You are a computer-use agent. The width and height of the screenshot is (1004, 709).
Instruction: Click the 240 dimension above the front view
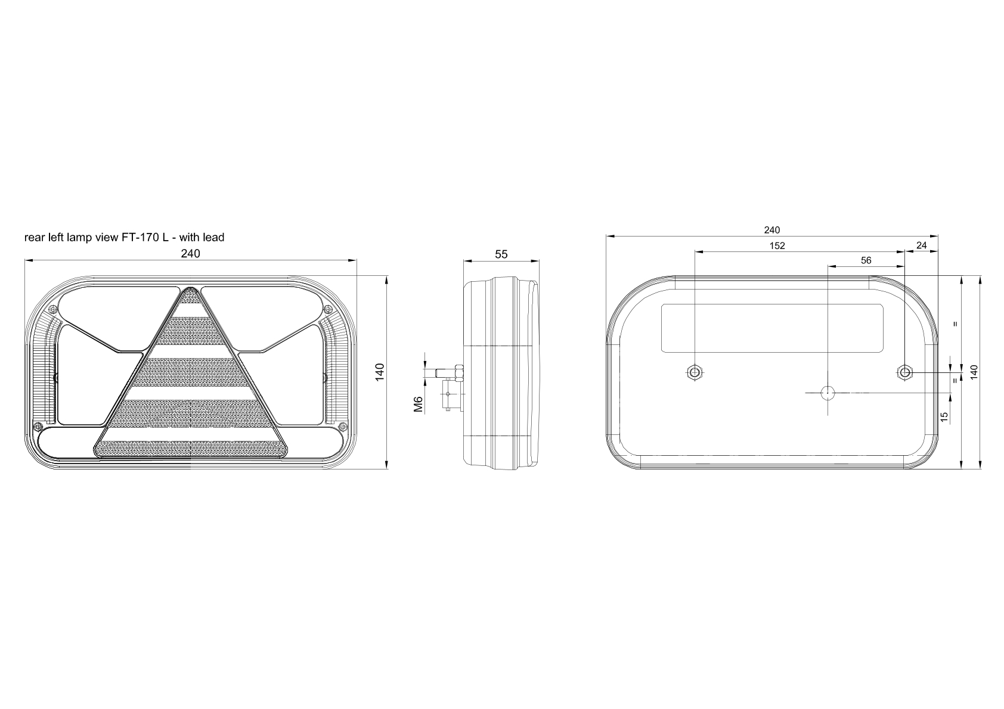coord(191,253)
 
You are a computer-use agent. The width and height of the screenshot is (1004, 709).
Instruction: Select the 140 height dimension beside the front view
coord(380,372)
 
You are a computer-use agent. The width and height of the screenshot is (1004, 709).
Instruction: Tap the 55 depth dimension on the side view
coord(501,254)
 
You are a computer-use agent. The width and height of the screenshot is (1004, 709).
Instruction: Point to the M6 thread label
coord(418,404)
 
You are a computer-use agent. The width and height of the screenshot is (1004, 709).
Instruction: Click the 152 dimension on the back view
coord(777,245)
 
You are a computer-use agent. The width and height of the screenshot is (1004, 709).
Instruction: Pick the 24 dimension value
coord(922,245)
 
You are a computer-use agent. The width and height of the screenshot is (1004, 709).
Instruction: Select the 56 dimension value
coord(866,260)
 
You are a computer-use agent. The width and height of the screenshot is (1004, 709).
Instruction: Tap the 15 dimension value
coord(944,416)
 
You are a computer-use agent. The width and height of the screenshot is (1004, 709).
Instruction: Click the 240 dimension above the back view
coord(772,230)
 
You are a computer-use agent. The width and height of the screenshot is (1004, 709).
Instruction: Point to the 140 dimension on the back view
coord(974,372)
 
